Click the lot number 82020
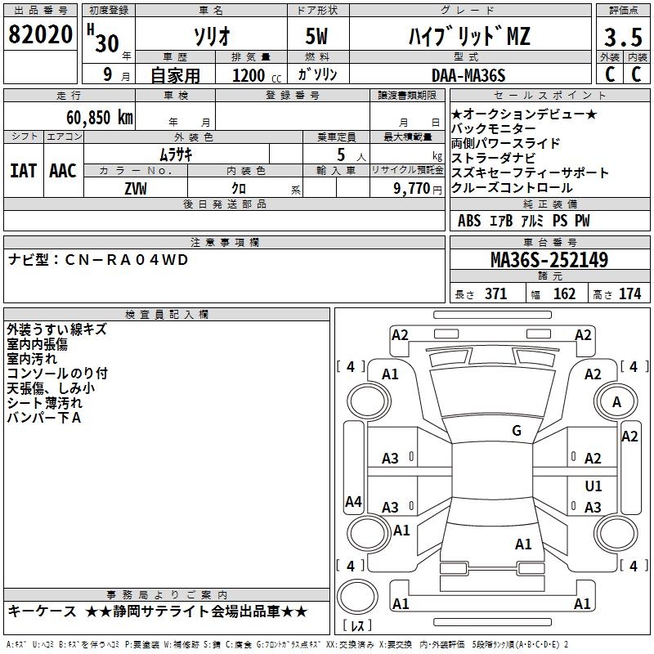pyautogui.click(x=40, y=35)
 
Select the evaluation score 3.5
pyautogui.click(x=623, y=38)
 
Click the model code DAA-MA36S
pyautogui.click(x=468, y=75)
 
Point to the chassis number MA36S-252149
pyautogui.click(x=549, y=260)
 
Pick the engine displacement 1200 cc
pyautogui.click(x=249, y=75)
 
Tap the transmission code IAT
pyautogui.click(x=24, y=170)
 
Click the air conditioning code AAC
pyautogui.click(x=63, y=170)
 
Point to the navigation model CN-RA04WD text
pyautogui.click(x=98, y=259)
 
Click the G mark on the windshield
pyautogui.click(x=516, y=431)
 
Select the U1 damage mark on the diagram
pyautogui.click(x=594, y=486)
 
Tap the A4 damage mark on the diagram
pyautogui.click(x=353, y=502)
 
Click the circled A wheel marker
pyautogui.click(x=616, y=401)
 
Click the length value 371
pyautogui.click(x=495, y=294)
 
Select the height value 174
pyautogui.click(x=630, y=294)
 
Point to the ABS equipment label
pyautogui.click(x=469, y=221)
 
